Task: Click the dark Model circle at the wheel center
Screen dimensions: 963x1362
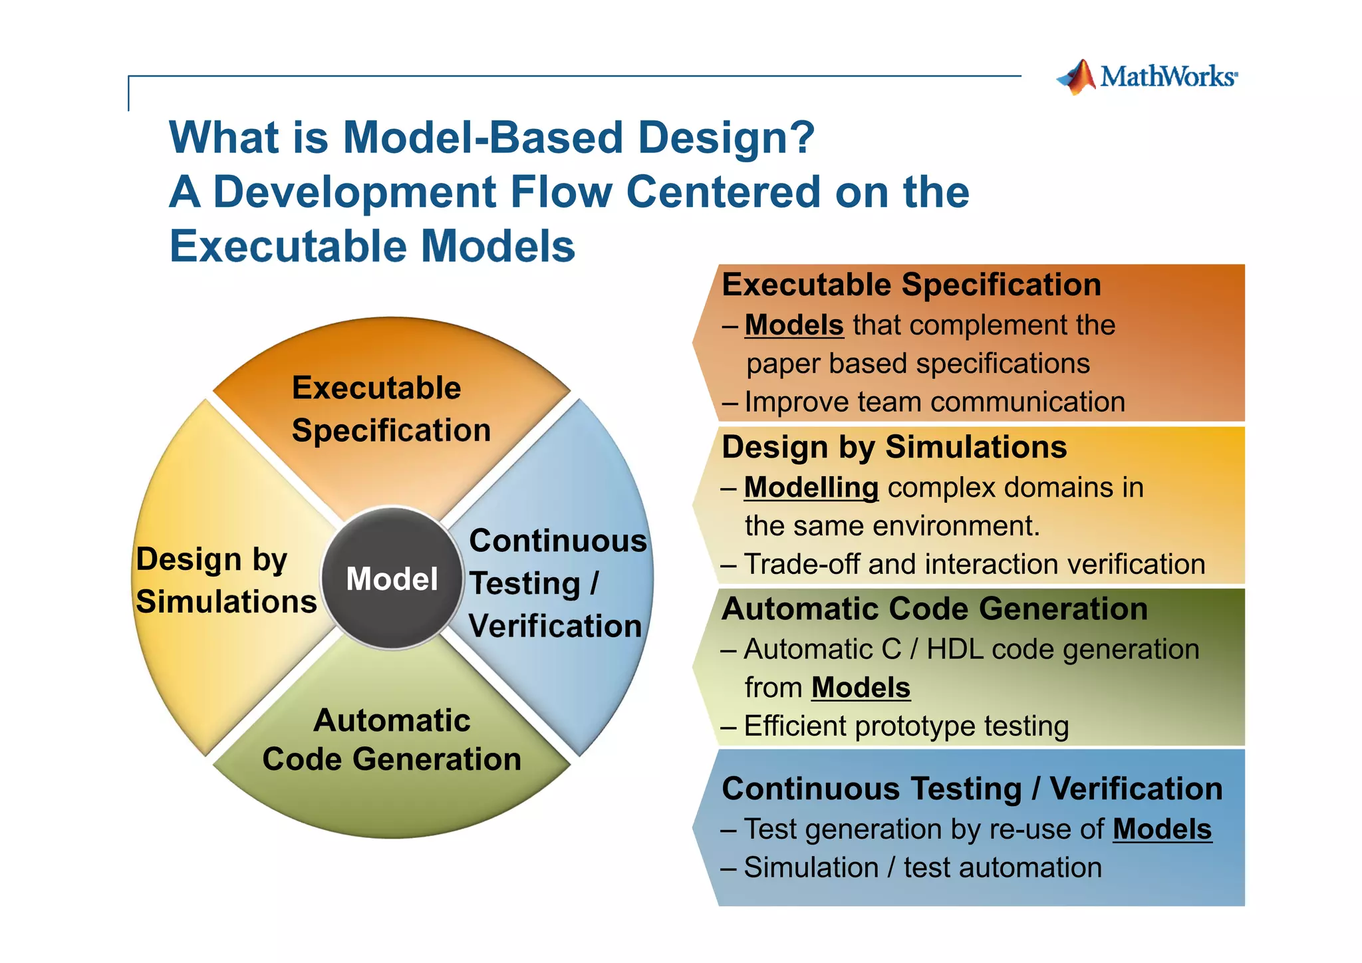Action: (392, 578)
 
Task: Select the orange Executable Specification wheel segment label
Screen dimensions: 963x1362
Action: (390, 408)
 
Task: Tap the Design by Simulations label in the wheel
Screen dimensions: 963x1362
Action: (225, 580)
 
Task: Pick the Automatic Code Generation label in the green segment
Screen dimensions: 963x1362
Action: (392, 740)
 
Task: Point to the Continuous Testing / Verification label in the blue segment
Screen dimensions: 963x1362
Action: (557, 583)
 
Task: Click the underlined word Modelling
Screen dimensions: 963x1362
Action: (811, 487)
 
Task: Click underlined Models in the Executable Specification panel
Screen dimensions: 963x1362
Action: (794, 325)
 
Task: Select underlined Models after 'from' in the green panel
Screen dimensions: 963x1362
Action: (861, 688)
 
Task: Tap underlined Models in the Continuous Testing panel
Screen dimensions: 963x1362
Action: (1162, 829)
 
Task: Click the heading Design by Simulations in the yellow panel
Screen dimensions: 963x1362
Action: (894, 447)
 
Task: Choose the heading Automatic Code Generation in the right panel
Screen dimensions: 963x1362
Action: (934, 609)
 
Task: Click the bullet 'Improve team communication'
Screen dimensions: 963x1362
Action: (934, 402)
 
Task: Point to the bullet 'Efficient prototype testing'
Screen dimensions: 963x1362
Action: (906, 726)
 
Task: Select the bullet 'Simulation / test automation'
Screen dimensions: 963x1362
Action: (922, 868)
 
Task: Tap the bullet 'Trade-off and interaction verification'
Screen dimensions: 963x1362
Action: (974, 565)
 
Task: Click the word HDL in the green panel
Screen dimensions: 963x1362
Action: (954, 650)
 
